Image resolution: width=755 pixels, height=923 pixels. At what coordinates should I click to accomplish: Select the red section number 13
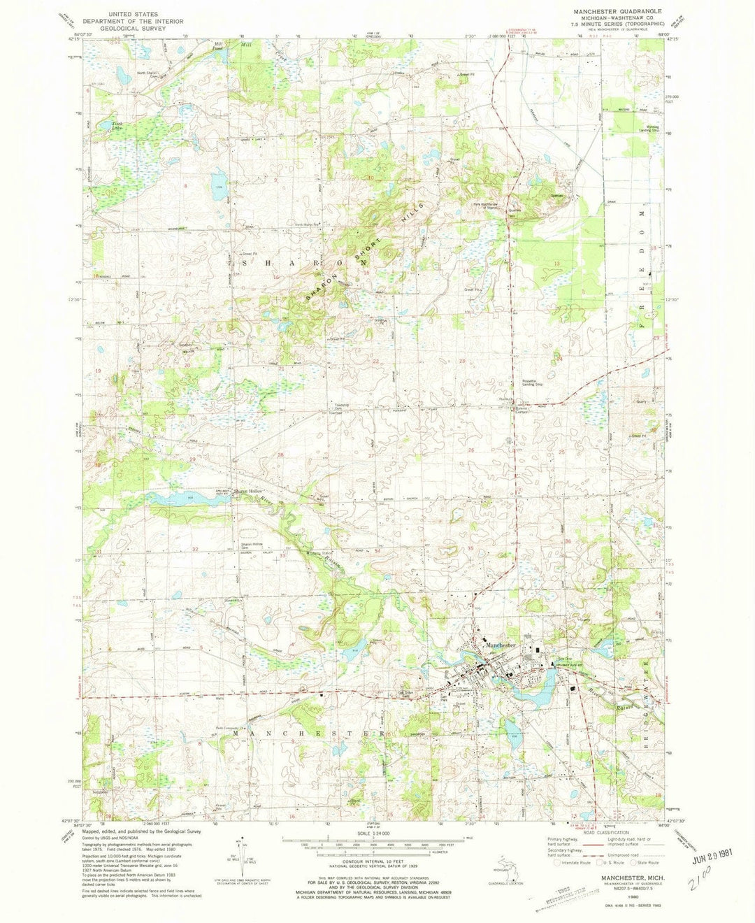[x=557, y=262]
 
